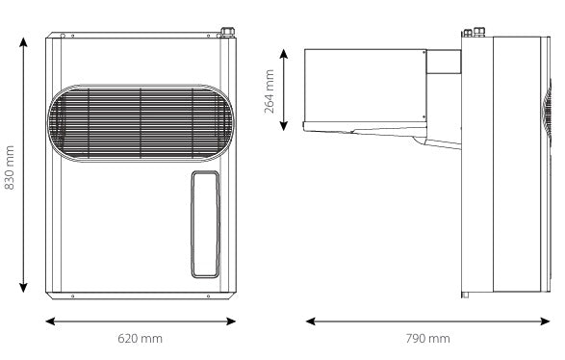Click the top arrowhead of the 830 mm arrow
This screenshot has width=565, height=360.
pyautogui.click(x=23, y=42)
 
